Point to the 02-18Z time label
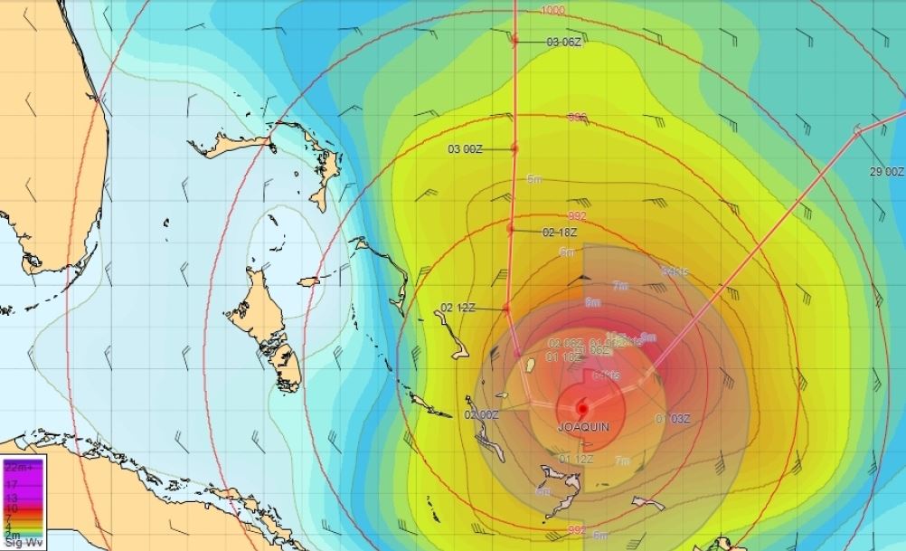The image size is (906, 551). pyautogui.click(x=560, y=233)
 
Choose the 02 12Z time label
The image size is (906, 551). pyautogui.click(x=458, y=308)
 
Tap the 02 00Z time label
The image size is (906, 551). pyautogui.click(x=481, y=415)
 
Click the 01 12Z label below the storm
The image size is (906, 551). pyautogui.click(x=576, y=459)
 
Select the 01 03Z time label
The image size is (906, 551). pyautogui.click(x=673, y=419)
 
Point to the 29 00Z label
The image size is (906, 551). pyautogui.click(x=886, y=172)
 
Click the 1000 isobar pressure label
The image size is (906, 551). pyautogui.click(x=553, y=10)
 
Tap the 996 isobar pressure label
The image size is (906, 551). pyautogui.click(x=576, y=118)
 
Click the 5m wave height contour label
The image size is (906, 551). pyautogui.click(x=533, y=178)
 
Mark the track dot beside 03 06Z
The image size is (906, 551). pyautogui.click(x=514, y=41)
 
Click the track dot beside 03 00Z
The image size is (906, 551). pyautogui.click(x=514, y=148)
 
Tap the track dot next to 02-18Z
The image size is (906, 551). pyautogui.click(x=511, y=230)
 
